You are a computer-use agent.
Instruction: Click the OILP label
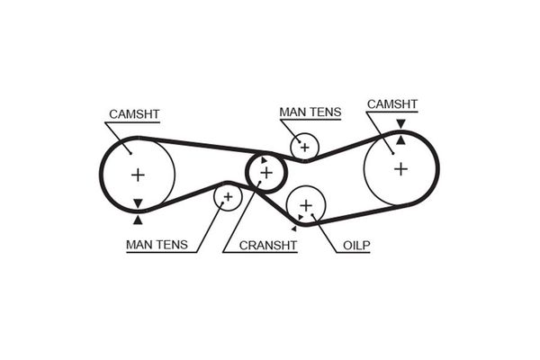(x=356, y=244)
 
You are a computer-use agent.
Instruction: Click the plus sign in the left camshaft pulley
(x=137, y=174)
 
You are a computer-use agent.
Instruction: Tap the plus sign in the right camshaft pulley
(x=400, y=168)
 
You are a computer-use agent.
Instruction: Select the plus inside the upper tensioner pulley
(x=304, y=146)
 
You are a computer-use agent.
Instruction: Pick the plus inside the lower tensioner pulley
(x=228, y=195)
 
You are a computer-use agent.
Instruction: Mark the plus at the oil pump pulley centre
(x=305, y=206)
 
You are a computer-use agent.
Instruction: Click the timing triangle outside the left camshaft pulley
(x=137, y=219)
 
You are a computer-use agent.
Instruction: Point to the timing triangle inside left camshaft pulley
(x=137, y=203)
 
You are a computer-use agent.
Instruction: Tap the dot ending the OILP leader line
(x=314, y=214)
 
